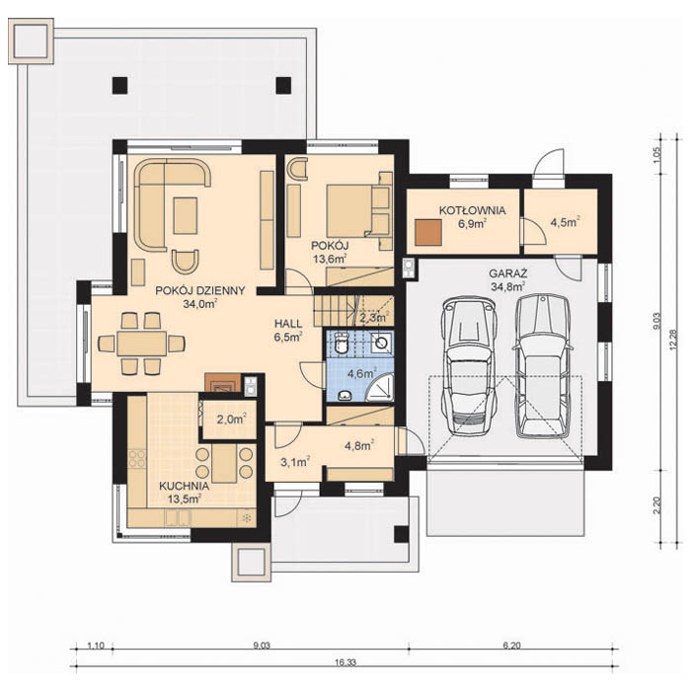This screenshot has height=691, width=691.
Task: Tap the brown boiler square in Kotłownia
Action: (x=428, y=231)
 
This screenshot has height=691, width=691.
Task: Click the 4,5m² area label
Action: (x=565, y=221)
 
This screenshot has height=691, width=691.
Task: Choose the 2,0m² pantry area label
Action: (x=230, y=419)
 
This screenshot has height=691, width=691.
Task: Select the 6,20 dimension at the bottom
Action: (x=510, y=646)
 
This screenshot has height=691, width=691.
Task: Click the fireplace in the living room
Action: (x=218, y=383)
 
